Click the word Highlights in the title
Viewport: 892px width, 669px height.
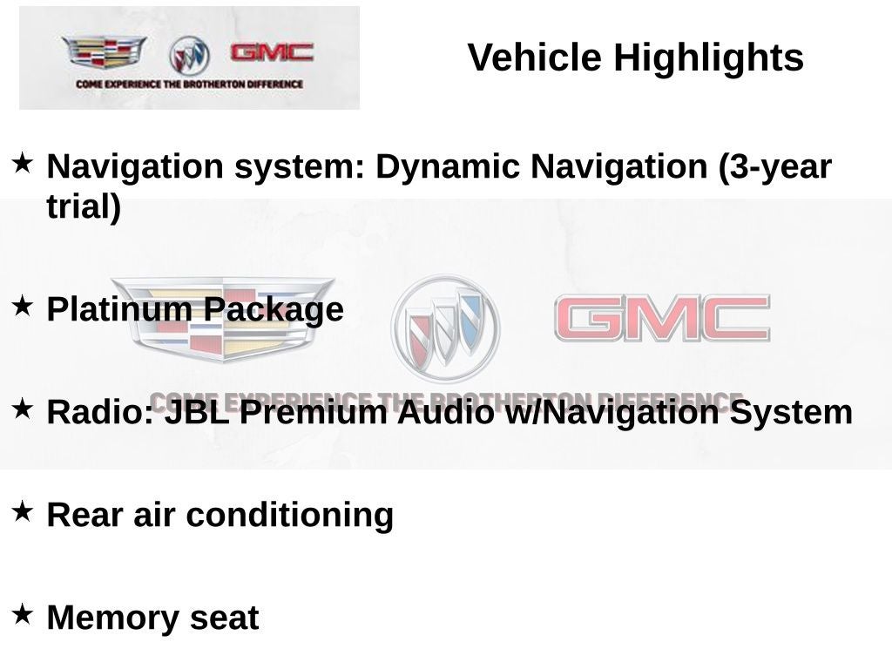click(708, 58)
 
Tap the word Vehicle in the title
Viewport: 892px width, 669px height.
click(535, 58)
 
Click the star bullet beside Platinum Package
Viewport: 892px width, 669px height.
click(23, 306)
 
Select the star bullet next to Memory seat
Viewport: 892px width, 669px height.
click(23, 614)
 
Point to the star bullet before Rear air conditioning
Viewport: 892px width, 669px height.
click(23, 511)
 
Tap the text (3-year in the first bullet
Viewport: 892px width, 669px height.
click(774, 166)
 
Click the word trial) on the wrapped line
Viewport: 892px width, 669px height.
click(84, 207)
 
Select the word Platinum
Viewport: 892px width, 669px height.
click(120, 309)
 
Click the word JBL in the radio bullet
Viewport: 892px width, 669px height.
click(198, 412)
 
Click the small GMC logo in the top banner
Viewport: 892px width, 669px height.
click(272, 52)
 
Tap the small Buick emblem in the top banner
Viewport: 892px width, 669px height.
click(189, 55)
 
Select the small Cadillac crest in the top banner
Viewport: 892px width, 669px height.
click(105, 52)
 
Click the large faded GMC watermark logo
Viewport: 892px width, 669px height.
click(662, 319)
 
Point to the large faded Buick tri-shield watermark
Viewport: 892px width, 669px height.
click(445, 328)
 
